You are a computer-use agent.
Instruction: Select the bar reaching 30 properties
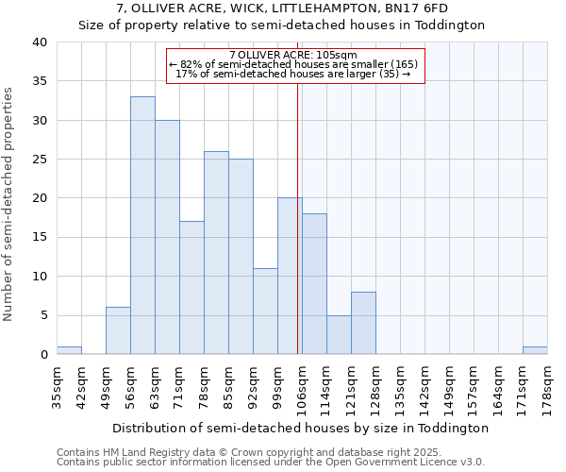[167, 237]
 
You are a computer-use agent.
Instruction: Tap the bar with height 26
[216, 252]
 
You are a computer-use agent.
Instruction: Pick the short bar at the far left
[69, 350]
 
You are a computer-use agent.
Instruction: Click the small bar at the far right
[535, 350]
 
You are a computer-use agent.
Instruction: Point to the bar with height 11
[265, 311]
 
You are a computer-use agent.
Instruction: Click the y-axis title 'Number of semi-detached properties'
[9, 204]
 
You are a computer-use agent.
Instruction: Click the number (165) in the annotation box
[403, 64]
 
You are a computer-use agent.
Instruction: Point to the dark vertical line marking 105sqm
[298, 217]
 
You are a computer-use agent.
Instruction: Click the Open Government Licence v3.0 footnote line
[271, 462]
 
